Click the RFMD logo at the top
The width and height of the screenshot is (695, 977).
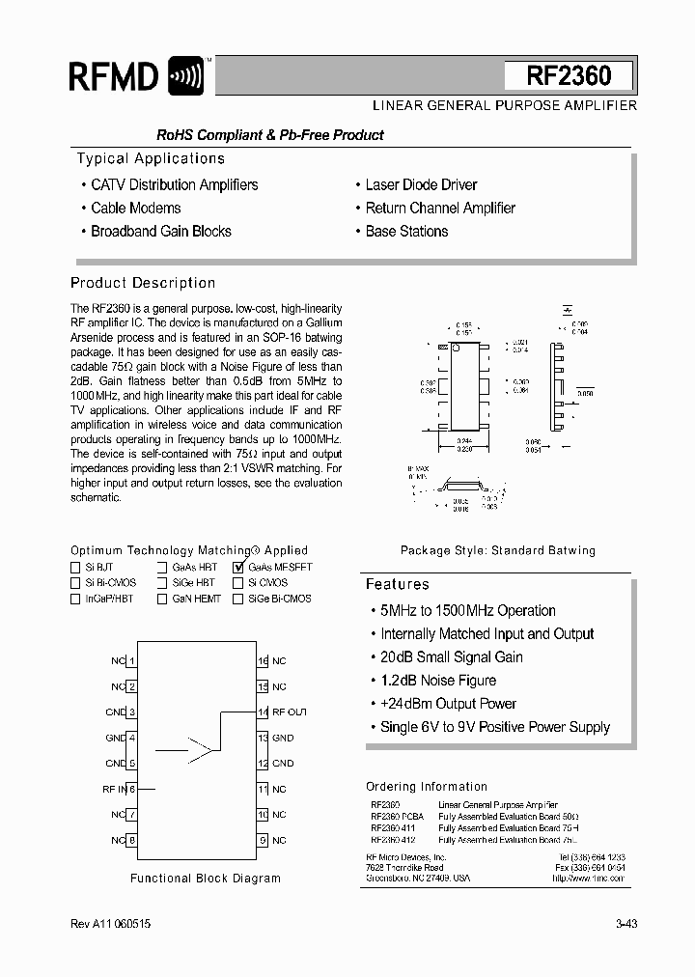click(136, 75)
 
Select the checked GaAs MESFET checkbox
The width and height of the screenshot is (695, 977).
click(238, 568)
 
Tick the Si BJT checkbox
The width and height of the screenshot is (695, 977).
click(76, 568)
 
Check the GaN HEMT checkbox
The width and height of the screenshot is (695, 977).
click(163, 599)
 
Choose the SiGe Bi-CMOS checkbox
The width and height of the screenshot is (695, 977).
click(238, 599)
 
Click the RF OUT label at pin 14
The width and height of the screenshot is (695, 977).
click(290, 712)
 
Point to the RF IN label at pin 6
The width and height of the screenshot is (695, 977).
click(114, 789)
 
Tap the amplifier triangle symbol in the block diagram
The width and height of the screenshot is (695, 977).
click(201, 748)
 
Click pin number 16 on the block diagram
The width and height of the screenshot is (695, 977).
click(263, 661)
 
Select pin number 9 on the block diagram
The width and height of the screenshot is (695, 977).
click(263, 840)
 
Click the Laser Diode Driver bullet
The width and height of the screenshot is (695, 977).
click(421, 184)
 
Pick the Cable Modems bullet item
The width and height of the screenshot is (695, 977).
click(135, 208)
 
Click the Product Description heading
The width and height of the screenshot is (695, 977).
click(143, 283)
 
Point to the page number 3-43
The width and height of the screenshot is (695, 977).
click(625, 924)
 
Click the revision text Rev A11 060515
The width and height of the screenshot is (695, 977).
click(110, 924)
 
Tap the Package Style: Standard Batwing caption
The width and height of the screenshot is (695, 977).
click(498, 550)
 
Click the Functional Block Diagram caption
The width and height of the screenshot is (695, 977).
click(205, 879)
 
